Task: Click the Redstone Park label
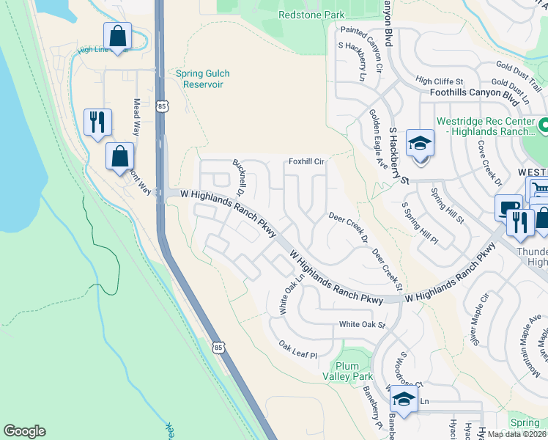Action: pyautogui.click(x=311, y=15)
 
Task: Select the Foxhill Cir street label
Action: pyautogui.click(x=306, y=161)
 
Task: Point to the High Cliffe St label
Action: pyautogui.click(x=440, y=81)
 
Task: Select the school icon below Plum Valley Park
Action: pyautogui.click(x=403, y=400)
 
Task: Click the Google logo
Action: pyautogui.click(x=24, y=431)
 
